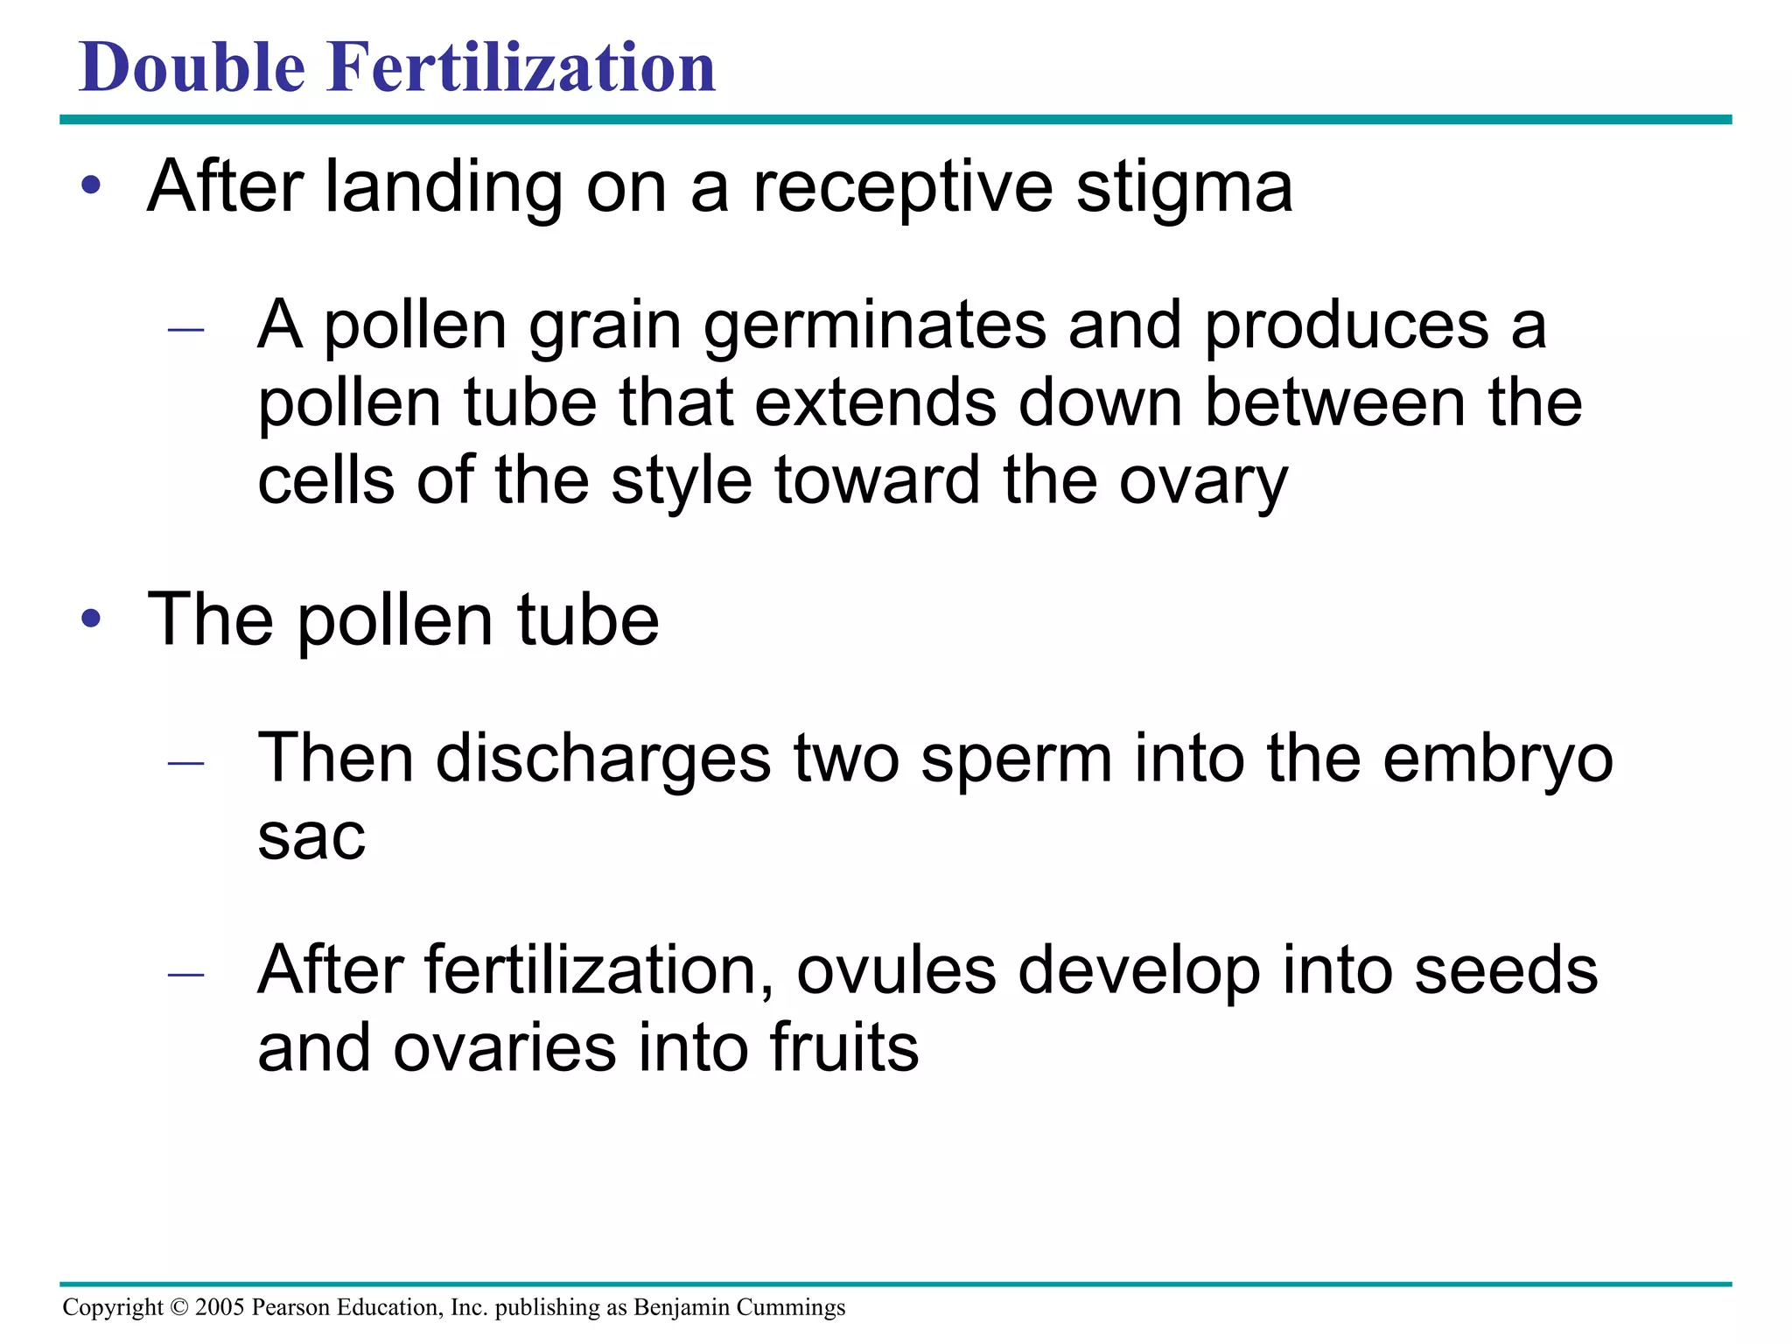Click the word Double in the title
(192, 67)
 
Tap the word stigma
(1184, 188)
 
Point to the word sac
(311, 838)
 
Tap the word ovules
(896, 970)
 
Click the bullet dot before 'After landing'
(91, 186)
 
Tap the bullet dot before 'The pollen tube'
(91, 619)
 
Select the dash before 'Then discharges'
(185, 763)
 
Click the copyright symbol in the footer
(178, 1307)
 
